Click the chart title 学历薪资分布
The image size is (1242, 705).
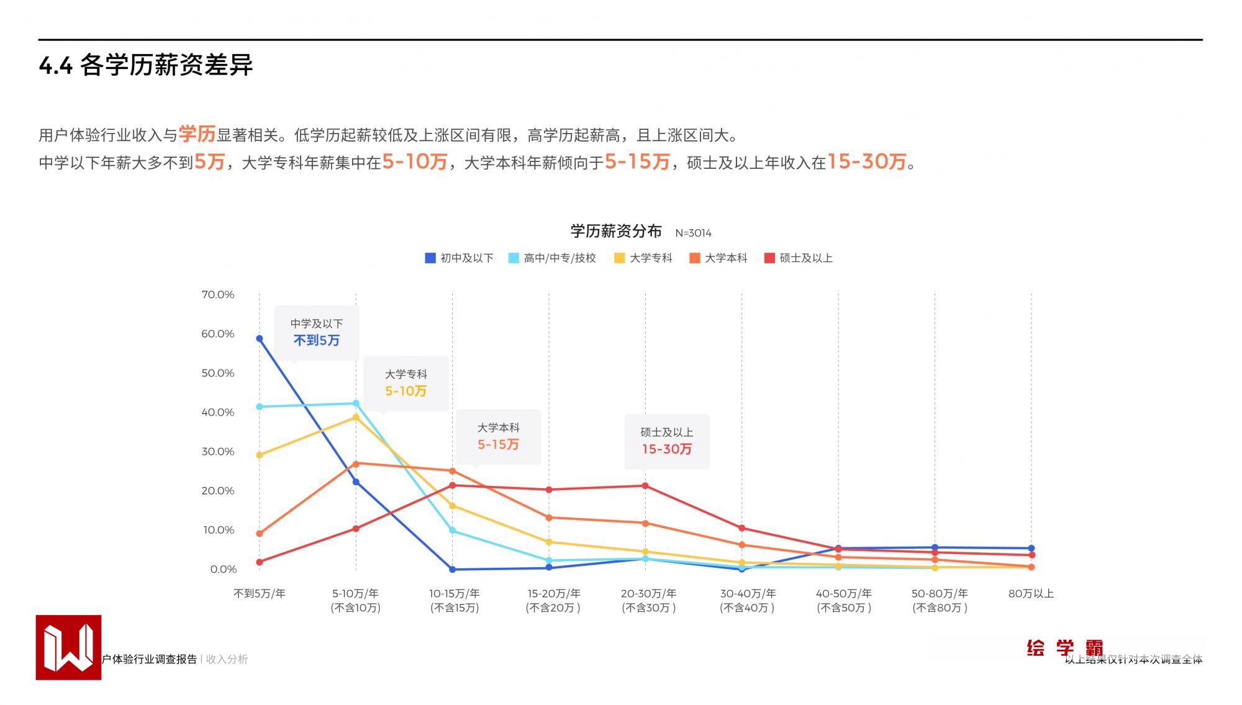[615, 231]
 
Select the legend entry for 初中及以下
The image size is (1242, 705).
[459, 258]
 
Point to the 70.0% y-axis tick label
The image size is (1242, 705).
[218, 294]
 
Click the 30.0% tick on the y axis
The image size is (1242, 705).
[218, 452]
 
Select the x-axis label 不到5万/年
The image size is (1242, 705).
[260, 593]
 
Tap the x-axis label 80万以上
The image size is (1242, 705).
[1031, 593]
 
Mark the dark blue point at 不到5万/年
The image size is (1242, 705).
[260, 339]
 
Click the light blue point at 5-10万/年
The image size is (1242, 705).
[356, 403]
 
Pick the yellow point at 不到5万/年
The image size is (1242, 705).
[260, 455]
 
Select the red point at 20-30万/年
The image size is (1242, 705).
[645, 486]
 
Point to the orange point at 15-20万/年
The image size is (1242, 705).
[549, 517]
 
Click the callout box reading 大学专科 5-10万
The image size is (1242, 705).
[406, 383]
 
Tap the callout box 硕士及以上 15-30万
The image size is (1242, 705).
[666, 441]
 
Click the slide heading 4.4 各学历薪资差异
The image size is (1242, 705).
[146, 65]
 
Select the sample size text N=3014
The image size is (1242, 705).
[693, 233]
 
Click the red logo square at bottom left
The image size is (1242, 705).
[68, 647]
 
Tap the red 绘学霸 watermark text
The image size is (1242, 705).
[1064, 648]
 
